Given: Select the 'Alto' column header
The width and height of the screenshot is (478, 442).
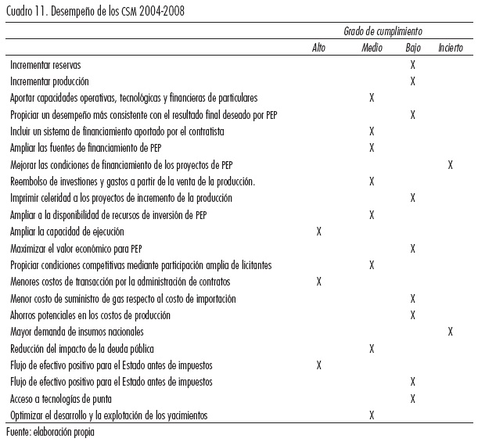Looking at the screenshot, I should [318, 49].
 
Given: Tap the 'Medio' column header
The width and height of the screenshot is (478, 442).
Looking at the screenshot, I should [372, 49].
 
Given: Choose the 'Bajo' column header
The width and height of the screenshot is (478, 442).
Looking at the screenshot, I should [412, 49].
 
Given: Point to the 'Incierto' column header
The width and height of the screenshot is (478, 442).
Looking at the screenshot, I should [451, 49].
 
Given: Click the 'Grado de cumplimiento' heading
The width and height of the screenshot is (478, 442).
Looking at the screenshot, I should [383, 31].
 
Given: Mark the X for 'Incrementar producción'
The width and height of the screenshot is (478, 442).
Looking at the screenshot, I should [412, 81].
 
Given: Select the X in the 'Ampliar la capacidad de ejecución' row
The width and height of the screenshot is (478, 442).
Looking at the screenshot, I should [318, 232].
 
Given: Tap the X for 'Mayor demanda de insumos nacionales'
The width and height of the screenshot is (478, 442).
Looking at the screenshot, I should [451, 332].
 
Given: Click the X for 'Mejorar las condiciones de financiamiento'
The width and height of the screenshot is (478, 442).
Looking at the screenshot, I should [451, 164].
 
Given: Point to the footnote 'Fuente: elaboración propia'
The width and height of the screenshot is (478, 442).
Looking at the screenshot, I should [50, 431].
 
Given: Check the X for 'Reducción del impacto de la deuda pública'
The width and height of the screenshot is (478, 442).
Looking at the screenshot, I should [372, 348].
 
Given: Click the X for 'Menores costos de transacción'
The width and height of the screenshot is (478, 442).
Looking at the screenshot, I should [318, 282].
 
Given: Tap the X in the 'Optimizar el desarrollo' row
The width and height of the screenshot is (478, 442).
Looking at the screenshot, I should [372, 415].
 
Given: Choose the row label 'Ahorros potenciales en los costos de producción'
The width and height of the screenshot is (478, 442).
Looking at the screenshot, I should [91, 315].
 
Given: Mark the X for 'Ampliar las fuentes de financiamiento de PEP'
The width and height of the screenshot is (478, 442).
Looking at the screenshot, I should [372, 148].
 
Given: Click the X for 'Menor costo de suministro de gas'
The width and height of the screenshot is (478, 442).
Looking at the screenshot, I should [412, 299].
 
